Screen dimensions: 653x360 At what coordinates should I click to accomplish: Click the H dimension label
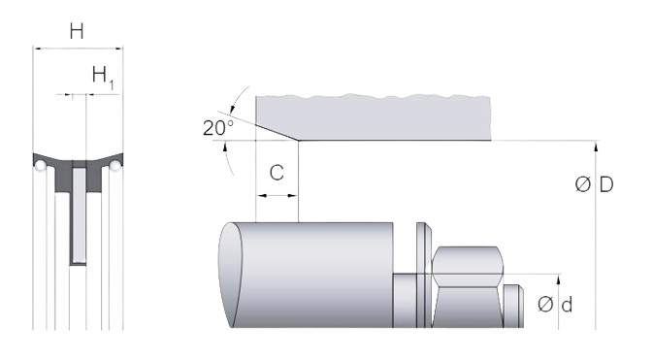pos(77,31)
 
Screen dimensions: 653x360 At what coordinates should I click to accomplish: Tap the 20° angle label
pos(217,127)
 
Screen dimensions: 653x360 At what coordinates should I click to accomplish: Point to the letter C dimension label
pos(277,173)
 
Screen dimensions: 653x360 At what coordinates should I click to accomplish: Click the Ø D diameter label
pos(594,184)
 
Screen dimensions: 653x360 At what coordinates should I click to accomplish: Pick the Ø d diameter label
pos(555,305)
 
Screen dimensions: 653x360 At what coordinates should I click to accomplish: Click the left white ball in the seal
pos(41,165)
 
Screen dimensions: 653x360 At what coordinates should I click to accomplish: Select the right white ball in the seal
pos(114,166)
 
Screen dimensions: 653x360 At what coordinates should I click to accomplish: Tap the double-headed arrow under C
pos(277,195)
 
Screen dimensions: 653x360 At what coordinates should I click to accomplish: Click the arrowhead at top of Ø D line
pos(596,145)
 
